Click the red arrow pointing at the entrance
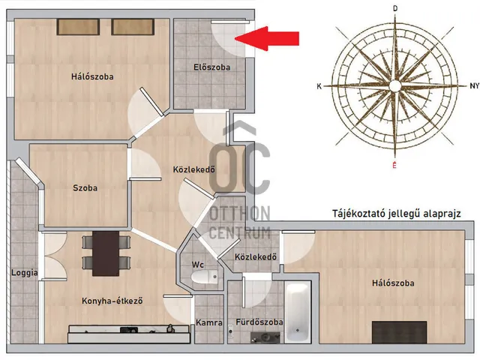coord(272,38)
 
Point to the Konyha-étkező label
coord(112,301)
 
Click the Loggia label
coord(25,273)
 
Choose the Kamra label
coord(208,322)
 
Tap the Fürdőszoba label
coord(259,322)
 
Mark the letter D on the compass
coord(395,8)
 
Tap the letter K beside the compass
coord(319,87)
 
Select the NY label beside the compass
coord(472,87)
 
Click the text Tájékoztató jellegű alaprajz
coord(396,214)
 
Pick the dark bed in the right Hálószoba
coord(399,331)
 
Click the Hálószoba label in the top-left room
coord(92,76)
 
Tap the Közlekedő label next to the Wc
coord(256,258)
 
